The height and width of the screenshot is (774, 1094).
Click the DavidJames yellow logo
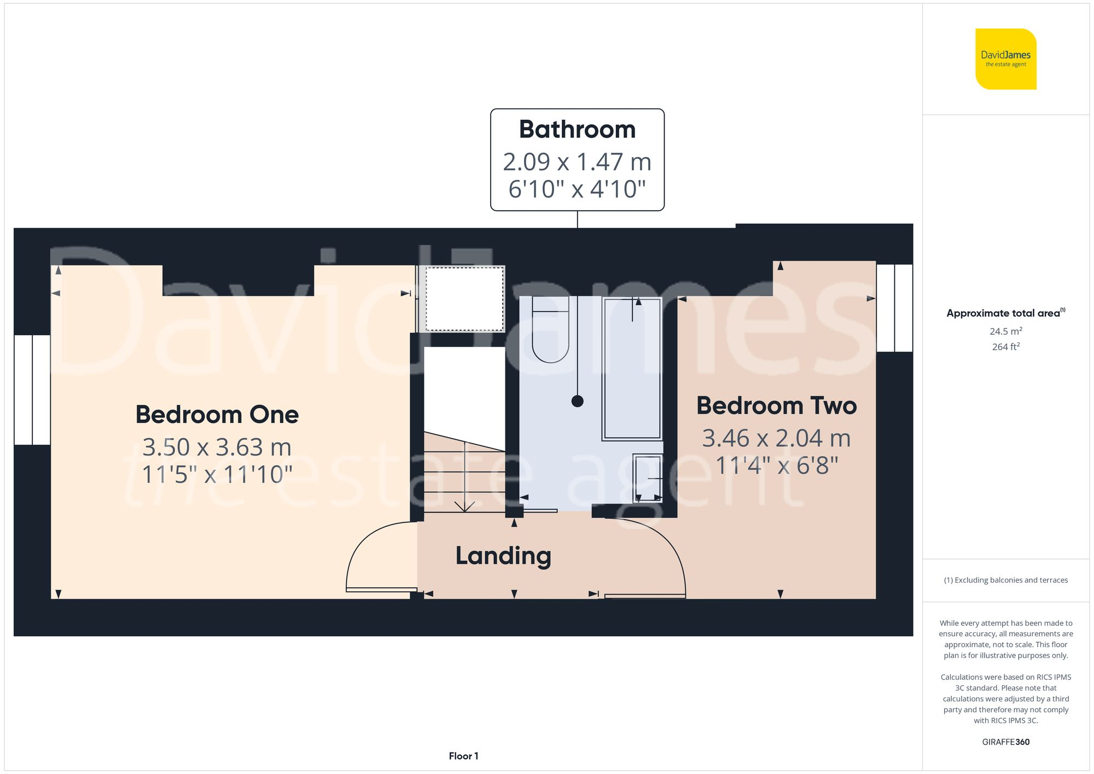[x=1005, y=59]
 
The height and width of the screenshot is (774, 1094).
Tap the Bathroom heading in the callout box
[x=577, y=130]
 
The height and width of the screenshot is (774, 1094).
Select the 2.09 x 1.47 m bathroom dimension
[x=577, y=162]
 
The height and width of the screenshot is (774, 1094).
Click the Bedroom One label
[x=217, y=415]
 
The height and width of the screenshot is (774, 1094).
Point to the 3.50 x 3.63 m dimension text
[x=217, y=447]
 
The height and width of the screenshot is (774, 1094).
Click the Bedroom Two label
[x=776, y=406]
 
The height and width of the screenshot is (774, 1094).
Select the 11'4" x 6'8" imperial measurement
[x=776, y=466]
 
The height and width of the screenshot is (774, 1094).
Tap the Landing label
[x=503, y=556]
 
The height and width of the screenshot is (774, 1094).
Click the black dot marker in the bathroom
[x=577, y=401]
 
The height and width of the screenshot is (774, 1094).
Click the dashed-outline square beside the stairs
[x=464, y=299]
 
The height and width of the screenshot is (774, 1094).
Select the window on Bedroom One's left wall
[x=32, y=389]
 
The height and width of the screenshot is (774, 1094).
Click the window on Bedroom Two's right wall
[x=894, y=307]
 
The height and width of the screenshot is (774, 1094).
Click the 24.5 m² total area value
[x=1005, y=331]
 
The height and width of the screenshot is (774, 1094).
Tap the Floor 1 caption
[x=463, y=756]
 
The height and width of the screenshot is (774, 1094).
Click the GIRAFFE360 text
[x=1005, y=742]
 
